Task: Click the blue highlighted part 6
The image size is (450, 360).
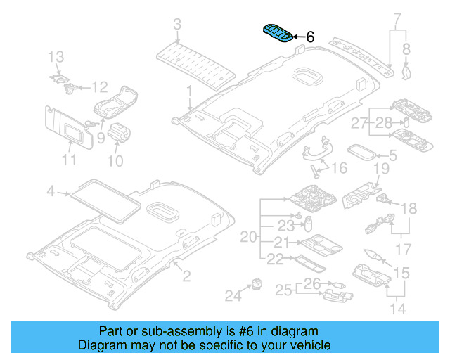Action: pos(278,33)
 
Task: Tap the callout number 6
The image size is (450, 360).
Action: pos(310,37)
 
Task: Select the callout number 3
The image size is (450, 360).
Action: pos(177,24)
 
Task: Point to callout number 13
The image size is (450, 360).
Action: pos(56,57)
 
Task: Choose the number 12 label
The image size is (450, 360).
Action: pos(99,87)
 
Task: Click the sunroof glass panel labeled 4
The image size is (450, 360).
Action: pos(105,201)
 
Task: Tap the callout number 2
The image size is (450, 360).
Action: pos(186,276)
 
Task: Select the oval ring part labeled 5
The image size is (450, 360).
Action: pos(361,152)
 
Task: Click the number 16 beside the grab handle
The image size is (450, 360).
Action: pos(339,168)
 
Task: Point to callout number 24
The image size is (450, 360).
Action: pos(233,295)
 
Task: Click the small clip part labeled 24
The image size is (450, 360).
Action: pos(257,284)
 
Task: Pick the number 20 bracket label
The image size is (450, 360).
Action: pos(248,237)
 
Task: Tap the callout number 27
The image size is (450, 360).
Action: pos(359,123)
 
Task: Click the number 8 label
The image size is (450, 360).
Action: pos(406,49)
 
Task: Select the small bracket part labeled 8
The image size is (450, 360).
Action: pos(406,72)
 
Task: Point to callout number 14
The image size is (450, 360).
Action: pos(398,309)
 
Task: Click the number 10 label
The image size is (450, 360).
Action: pos(115,161)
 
